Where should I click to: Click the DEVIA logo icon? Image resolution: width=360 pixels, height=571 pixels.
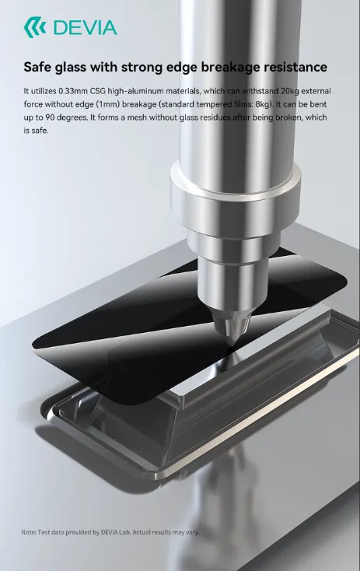pyautogui.click(x=35, y=27)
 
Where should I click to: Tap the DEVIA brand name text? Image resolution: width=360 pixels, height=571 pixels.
pyautogui.click(x=86, y=28)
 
